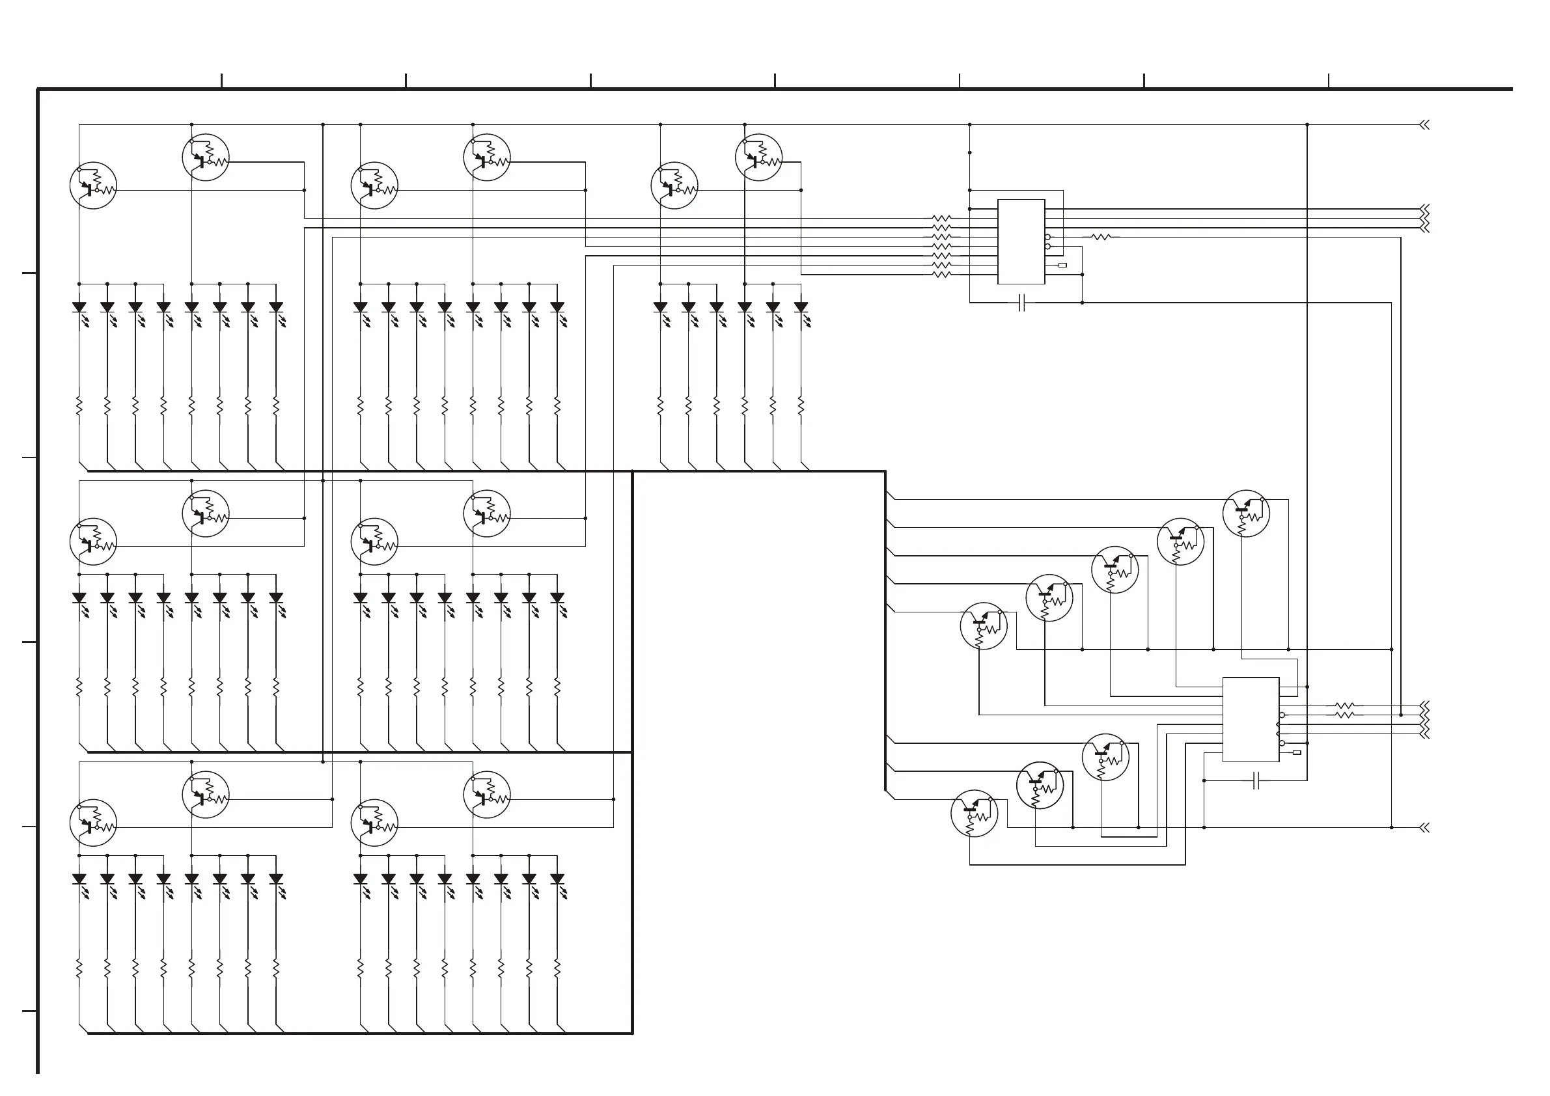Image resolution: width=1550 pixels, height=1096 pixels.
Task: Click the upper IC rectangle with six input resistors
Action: (1021, 241)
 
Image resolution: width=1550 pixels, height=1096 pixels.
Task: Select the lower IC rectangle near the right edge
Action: (1251, 719)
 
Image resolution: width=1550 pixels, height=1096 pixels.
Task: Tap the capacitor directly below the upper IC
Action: (1021, 303)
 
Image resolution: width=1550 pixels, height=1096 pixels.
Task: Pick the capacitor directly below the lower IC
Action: (1256, 781)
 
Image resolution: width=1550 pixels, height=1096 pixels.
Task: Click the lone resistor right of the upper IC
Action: (1101, 237)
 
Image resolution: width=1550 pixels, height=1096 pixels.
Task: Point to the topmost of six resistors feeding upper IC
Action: (941, 219)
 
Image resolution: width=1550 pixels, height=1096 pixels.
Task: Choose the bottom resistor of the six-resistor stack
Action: (941, 275)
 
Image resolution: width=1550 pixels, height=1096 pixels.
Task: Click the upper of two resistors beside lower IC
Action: (1345, 706)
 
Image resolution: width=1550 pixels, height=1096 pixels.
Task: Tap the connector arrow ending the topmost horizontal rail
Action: (1424, 125)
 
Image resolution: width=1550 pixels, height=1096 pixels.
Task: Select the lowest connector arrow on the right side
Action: (1424, 827)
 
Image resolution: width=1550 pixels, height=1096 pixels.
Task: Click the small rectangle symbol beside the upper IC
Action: (1062, 266)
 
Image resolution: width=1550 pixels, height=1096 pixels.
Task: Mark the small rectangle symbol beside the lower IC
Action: (1296, 752)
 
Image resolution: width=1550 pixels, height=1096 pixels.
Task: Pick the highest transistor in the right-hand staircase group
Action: (1245, 514)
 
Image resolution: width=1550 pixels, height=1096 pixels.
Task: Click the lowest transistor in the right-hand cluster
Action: (974, 814)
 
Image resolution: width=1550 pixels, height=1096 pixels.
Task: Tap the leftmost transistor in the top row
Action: (93, 185)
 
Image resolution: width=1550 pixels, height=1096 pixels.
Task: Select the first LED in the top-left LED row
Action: (79, 308)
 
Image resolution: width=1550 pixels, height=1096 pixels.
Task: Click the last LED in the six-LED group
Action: (801, 308)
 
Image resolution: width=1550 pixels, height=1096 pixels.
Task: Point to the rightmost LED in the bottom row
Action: (557, 879)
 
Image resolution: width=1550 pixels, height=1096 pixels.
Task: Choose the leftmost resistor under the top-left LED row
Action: (79, 405)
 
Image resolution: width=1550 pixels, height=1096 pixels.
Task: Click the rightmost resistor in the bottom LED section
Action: (557, 968)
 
